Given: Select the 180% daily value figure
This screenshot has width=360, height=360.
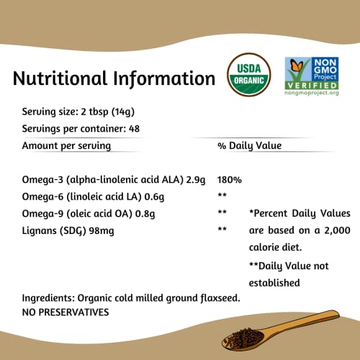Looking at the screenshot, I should tap(230, 179).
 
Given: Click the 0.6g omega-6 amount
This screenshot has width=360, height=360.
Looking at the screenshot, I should tap(139, 196).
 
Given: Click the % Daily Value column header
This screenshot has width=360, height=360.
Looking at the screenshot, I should tap(249, 145).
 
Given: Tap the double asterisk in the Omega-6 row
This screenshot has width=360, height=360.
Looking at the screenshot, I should tap(222, 196).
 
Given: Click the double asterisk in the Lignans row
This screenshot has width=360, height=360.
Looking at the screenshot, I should tap(222, 230).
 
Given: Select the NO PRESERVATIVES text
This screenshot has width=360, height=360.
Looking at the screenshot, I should tap(66, 312).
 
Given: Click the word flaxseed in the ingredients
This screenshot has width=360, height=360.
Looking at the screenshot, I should tap(222, 297).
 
